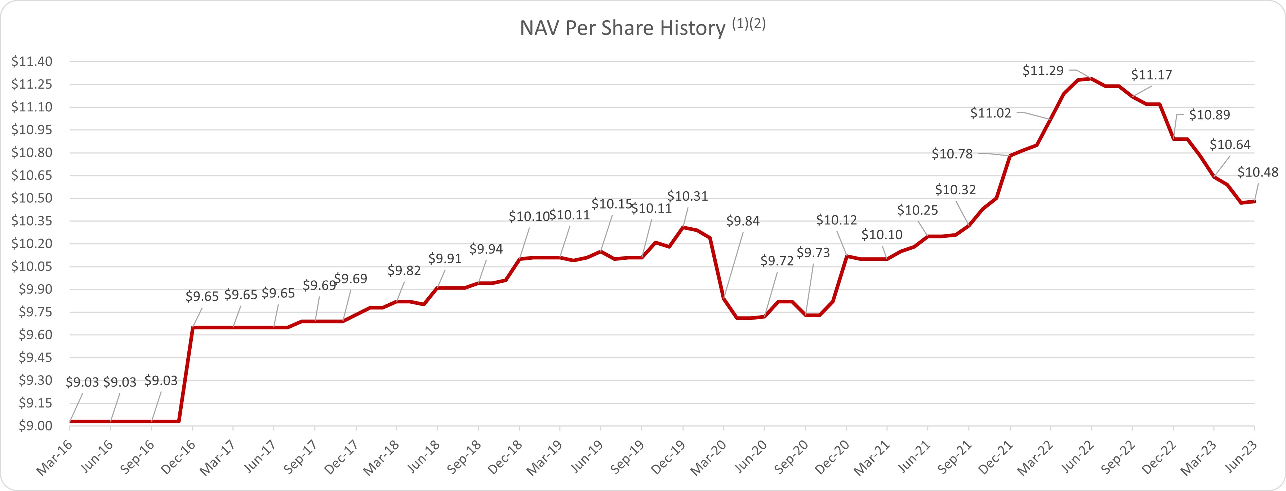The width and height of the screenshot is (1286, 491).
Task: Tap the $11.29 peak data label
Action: [1043, 71]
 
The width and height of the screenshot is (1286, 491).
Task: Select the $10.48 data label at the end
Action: [1258, 173]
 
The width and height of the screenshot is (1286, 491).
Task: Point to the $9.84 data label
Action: [742, 221]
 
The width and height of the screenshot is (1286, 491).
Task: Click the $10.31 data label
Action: [688, 196]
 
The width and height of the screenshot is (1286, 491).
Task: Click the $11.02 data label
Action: [991, 113]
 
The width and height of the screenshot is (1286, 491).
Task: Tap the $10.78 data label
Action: [952, 154]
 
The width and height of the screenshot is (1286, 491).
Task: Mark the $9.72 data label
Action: [777, 260]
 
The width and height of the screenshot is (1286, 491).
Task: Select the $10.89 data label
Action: [1209, 115]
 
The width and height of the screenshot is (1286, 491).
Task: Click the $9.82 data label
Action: [404, 271]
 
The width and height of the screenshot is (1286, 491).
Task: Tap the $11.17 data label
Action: [1151, 75]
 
